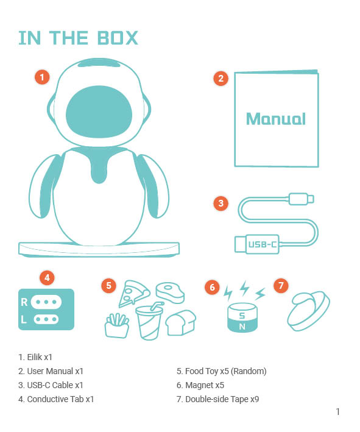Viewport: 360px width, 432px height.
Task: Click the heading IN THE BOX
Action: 79,38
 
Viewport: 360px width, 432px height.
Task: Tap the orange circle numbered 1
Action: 42,77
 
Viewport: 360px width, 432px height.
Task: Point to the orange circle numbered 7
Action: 280,285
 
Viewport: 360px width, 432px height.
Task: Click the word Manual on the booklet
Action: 276,118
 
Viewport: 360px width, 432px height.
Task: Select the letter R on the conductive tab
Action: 24,302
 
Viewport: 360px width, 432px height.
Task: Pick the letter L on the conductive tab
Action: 24,319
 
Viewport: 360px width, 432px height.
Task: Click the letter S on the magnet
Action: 242,315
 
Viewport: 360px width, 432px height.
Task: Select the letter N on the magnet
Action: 242,326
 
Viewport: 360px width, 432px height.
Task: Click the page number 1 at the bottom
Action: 337,412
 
